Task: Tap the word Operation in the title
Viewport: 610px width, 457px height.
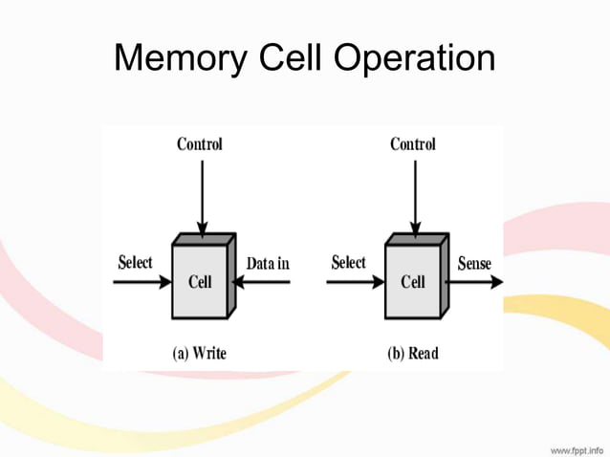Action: [x=413, y=59]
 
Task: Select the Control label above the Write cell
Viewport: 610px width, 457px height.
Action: [x=200, y=144]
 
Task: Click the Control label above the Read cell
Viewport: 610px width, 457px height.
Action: [x=413, y=144]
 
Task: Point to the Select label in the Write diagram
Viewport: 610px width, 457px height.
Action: [x=135, y=262]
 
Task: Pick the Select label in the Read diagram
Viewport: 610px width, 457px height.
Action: [x=348, y=262]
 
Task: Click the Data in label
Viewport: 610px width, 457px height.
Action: [x=268, y=263]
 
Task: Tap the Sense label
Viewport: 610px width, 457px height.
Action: [x=474, y=263]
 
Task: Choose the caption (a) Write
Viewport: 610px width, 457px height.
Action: [x=200, y=353]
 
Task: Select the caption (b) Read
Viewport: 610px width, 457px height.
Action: [x=413, y=353]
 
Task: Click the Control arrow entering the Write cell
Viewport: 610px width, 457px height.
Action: [x=200, y=196]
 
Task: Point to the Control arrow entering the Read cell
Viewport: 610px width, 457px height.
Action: [x=413, y=196]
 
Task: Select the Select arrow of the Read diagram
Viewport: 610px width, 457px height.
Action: [x=355, y=283]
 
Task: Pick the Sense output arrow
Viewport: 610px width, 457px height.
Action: [x=475, y=282]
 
